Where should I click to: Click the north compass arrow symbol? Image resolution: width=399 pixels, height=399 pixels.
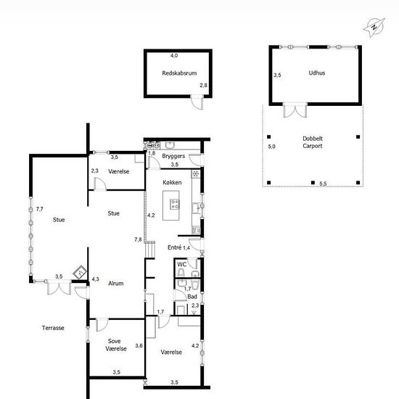pyautogui.click(x=374, y=28)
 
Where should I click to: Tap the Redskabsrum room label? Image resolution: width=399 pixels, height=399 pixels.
pyautogui.click(x=179, y=73)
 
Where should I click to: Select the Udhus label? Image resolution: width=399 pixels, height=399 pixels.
pyautogui.click(x=317, y=73)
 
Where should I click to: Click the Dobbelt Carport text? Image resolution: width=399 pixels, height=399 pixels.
pyautogui.click(x=313, y=142)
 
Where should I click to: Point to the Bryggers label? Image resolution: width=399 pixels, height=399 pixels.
pyautogui.click(x=173, y=156)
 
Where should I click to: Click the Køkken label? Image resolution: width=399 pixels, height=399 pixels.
pyautogui.click(x=172, y=182)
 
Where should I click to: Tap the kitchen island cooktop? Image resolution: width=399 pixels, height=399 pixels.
pyautogui.click(x=175, y=204)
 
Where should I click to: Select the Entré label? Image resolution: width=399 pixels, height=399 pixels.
pyautogui.click(x=175, y=247)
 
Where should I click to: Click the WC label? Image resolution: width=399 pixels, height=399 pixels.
pyautogui.click(x=182, y=264)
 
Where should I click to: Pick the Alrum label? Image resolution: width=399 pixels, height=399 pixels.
pyautogui.click(x=116, y=283)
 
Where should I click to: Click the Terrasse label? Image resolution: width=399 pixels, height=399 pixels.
pyautogui.click(x=53, y=328)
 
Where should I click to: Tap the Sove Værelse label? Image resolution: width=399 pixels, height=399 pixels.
pyautogui.click(x=116, y=345)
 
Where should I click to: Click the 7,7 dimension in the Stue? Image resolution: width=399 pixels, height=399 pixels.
pyautogui.click(x=40, y=209)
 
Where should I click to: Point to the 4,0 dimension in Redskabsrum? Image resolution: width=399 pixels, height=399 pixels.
pyautogui.click(x=174, y=55)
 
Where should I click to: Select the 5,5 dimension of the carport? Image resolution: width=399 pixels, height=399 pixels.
pyautogui.click(x=323, y=184)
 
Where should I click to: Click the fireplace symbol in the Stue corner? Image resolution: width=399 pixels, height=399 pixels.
pyautogui.click(x=80, y=273)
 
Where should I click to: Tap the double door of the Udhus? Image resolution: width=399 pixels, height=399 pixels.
pyautogui.click(x=295, y=110)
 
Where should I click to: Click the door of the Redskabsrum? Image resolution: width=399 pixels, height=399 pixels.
pyautogui.click(x=197, y=102)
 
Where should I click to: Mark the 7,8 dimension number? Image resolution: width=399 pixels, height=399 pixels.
pyautogui.click(x=138, y=239)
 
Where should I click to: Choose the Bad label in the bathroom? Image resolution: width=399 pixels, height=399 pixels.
pyautogui.click(x=192, y=297)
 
